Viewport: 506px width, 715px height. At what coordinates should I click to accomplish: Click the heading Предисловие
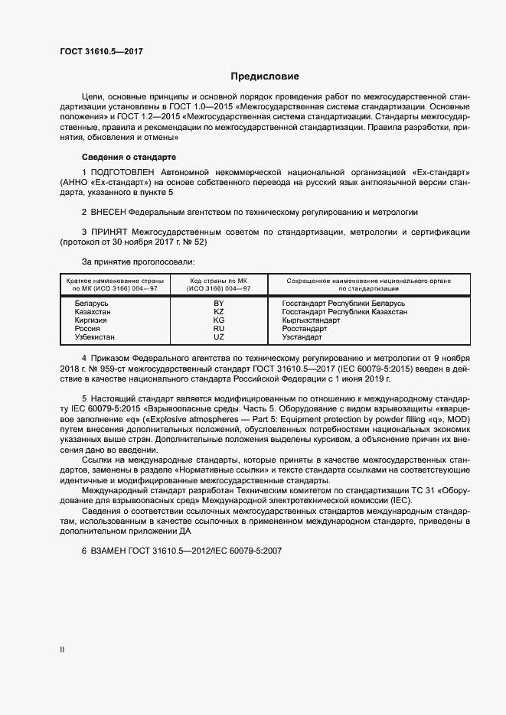(265, 76)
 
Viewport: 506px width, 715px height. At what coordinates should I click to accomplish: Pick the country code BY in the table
(218, 304)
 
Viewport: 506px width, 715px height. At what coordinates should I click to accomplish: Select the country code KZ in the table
(218, 312)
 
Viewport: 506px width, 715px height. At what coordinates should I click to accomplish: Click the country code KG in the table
(218, 320)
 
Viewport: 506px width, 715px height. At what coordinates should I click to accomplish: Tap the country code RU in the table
(218, 329)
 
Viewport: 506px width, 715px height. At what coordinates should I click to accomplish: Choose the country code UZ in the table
(218, 337)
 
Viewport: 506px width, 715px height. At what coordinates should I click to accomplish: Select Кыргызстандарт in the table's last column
(312, 320)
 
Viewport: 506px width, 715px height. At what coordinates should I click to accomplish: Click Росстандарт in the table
(305, 329)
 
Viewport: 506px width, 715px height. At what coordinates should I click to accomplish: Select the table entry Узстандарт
(303, 337)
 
